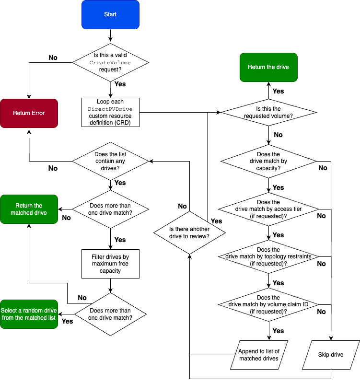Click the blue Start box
point(110,14)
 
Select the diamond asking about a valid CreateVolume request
point(110,62)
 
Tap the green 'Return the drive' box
point(268,67)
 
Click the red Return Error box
point(29,113)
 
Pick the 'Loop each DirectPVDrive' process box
point(110,113)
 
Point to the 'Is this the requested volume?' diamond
point(268,113)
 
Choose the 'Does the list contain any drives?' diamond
point(110,161)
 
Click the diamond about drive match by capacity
point(268,161)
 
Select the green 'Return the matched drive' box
point(29,209)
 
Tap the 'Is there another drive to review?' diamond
point(189,232)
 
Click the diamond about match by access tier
point(268,209)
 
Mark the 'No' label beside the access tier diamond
point(321,216)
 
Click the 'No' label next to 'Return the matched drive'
point(66,218)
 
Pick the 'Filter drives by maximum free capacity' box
point(110,264)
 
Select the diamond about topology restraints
point(268,256)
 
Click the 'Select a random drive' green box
point(29,314)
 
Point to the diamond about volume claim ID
point(268,304)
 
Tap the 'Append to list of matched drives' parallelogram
point(259,355)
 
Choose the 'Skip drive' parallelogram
point(331,355)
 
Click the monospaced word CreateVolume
point(110,63)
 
